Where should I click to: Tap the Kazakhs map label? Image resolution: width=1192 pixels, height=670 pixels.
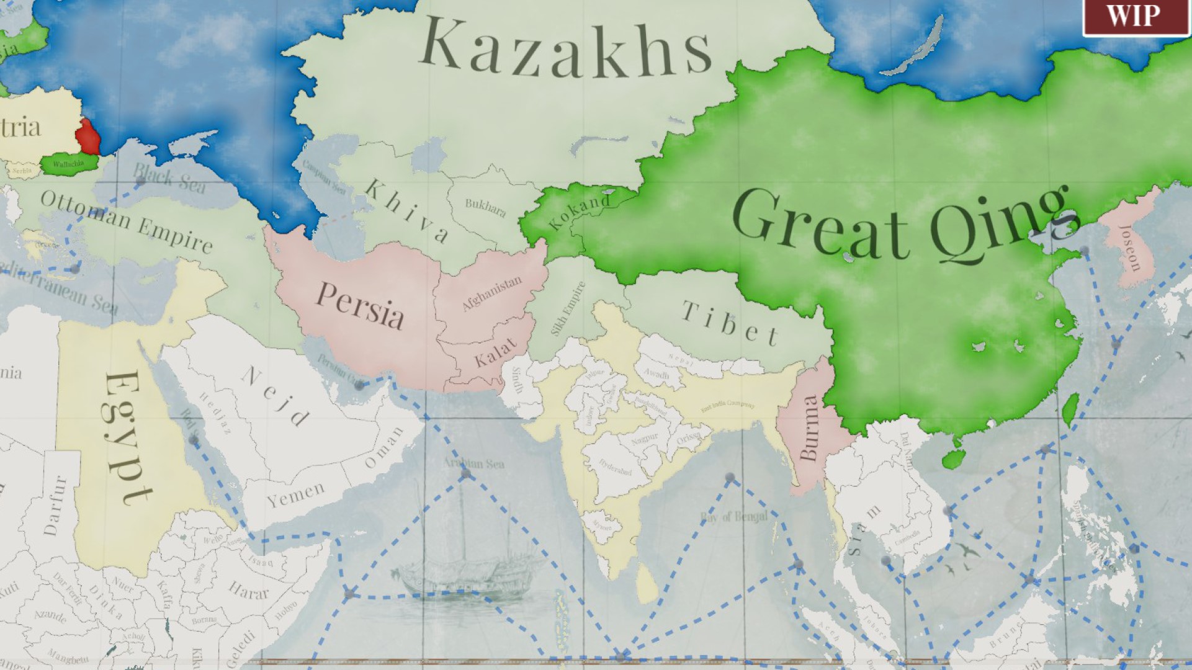click(x=566, y=48)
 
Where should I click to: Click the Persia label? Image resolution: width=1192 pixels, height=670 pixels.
click(x=360, y=305)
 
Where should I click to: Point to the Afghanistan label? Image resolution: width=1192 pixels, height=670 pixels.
click(x=491, y=293)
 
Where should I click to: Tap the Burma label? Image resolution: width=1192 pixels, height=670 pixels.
click(x=809, y=428)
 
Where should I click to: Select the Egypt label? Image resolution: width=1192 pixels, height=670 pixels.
click(x=127, y=438)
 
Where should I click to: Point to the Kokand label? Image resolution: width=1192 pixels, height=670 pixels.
click(x=580, y=210)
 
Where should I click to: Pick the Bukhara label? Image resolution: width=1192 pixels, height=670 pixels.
click(x=485, y=207)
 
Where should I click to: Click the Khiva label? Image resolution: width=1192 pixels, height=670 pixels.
click(x=406, y=210)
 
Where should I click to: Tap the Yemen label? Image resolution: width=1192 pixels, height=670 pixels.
click(x=296, y=495)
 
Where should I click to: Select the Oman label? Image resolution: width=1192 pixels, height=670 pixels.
click(x=384, y=448)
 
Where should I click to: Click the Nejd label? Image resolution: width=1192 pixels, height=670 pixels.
click(x=276, y=396)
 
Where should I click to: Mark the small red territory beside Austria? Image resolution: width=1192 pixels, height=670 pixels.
click(x=87, y=136)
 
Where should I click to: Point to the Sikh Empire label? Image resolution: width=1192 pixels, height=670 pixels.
click(x=568, y=308)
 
